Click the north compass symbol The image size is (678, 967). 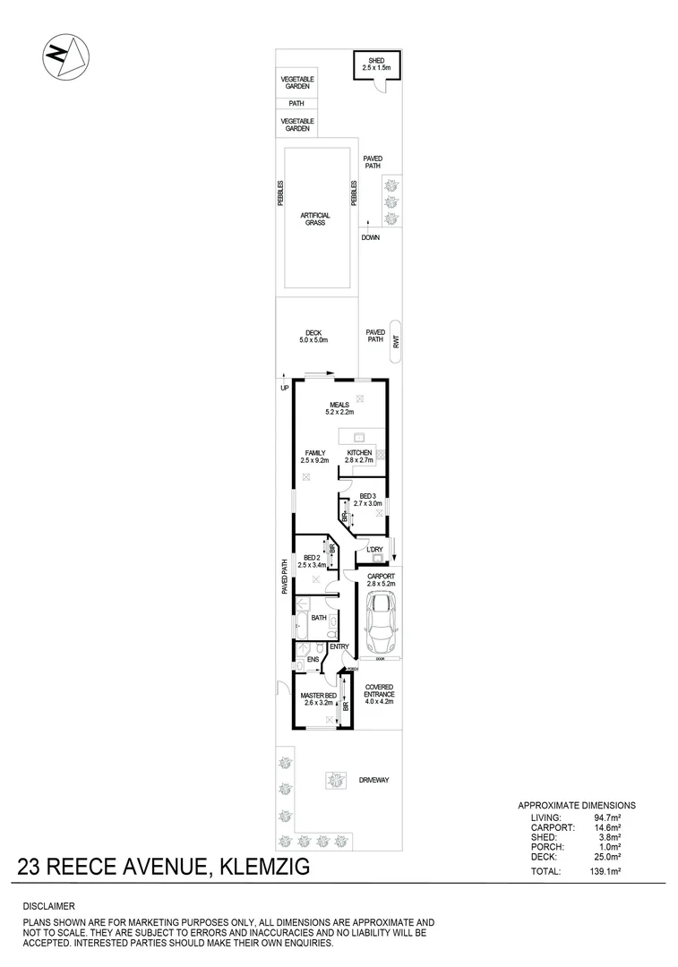pyautogui.click(x=65, y=57)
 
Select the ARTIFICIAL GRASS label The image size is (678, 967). pyautogui.click(x=315, y=218)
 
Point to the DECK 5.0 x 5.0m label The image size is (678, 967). pyautogui.click(x=313, y=337)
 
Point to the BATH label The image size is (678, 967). pyautogui.click(x=319, y=618)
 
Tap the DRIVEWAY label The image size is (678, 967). pyautogui.click(x=373, y=780)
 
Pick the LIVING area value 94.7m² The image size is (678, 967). pyautogui.click(x=608, y=817)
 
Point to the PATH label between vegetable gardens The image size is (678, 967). pyautogui.click(x=296, y=103)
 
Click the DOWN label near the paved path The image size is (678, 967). pyautogui.click(x=371, y=238)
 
